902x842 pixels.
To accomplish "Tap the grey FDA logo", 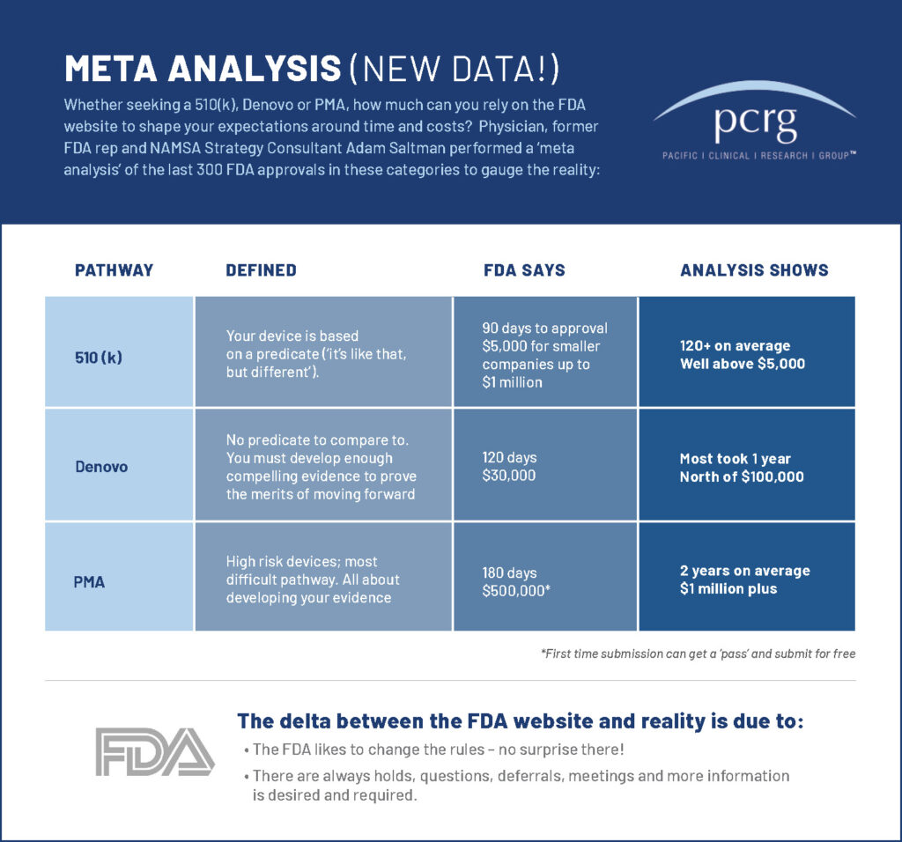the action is click(x=155, y=751).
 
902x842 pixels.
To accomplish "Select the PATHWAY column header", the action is click(x=114, y=270).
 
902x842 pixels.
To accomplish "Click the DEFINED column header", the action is click(x=261, y=270).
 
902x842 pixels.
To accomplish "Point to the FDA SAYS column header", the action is click(x=524, y=270).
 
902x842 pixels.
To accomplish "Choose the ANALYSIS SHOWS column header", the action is click(x=754, y=270).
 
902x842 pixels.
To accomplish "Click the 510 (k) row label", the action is click(x=99, y=358).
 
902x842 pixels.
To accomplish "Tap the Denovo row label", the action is click(x=101, y=467).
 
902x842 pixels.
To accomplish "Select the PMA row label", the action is click(x=89, y=582).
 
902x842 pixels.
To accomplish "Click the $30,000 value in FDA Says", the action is click(x=509, y=476).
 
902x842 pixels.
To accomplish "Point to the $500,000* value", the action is click(x=516, y=591).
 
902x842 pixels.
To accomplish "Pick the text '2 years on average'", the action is click(x=745, y=571).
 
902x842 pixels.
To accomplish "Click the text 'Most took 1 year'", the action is click(x=736, y=458).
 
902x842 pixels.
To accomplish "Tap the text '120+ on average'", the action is click(x=736, y=345).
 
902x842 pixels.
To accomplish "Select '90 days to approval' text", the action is click(x=544, y=329).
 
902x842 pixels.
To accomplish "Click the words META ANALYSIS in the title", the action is click(x=203, y=69).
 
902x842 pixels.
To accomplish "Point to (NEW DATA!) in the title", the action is click(x=455, y=69).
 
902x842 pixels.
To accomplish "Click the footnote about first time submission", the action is click(x=698, y=654).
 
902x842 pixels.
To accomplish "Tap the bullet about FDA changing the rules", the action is click(x=434, y=750).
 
